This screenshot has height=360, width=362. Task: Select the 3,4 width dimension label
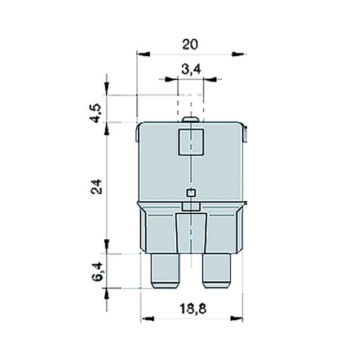click(x=191, y=69)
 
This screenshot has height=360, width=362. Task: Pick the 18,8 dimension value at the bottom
click(x=191, y=308)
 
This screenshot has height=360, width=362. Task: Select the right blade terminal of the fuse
click(x=216, y=272)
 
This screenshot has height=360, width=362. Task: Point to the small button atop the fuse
click(x=191, y=119)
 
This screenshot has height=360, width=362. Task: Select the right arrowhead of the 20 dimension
click(x=239, y=55)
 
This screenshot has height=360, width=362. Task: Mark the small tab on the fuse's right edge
click(x=246, y=134)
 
